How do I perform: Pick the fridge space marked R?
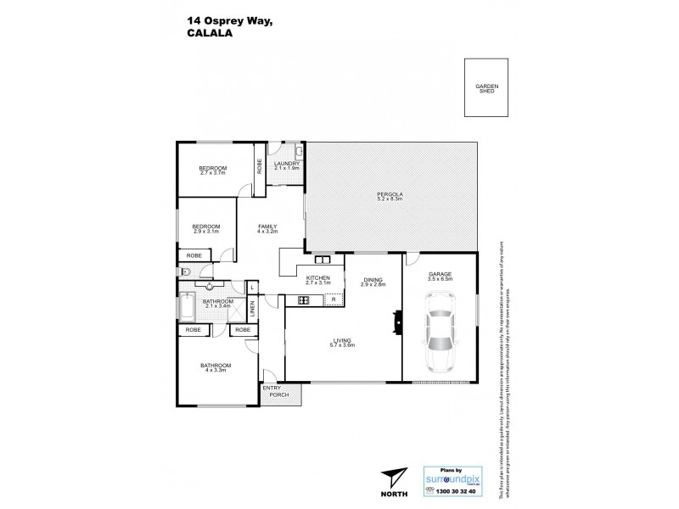click(334, 299)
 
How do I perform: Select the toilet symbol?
click(186, 272)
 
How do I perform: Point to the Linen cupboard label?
click(251, 310)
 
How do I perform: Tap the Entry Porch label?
click(274, 391)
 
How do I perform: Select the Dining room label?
click(373, 282)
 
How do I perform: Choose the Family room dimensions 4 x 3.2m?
click(268, 231)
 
